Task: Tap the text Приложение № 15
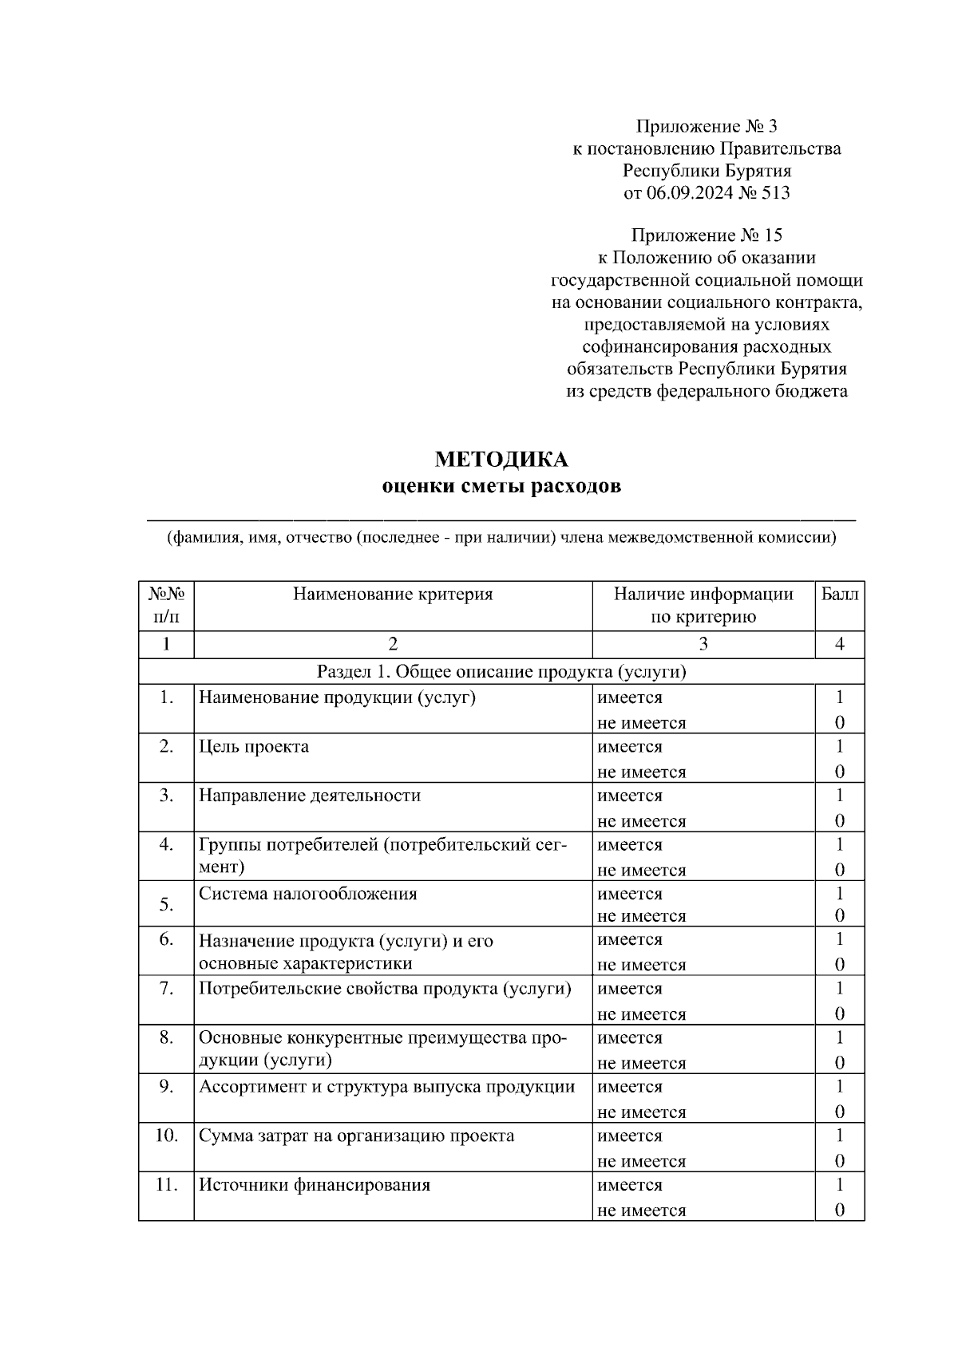coord(707,235)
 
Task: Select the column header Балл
coord(840,594)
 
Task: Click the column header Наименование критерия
coord(393,594)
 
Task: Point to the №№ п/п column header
coord(166,605)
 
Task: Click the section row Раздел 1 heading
coord(501,671)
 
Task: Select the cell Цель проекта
coord(254,747)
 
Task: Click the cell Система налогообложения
coord(307,894)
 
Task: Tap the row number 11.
coord(165,1184)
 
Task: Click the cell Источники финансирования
coord(315,1185)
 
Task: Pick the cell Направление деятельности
coord(310,796)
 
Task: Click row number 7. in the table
coord(166,989)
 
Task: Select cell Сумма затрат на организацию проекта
coord(356,1136)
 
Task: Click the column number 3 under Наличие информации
coord(703,644)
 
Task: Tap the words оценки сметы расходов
coord(501,486)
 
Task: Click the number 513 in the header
coord(775,192)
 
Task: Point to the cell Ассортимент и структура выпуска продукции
coord(386,1087)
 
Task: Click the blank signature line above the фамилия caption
coord(501,519)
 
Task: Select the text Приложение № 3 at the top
coord(707,126)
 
